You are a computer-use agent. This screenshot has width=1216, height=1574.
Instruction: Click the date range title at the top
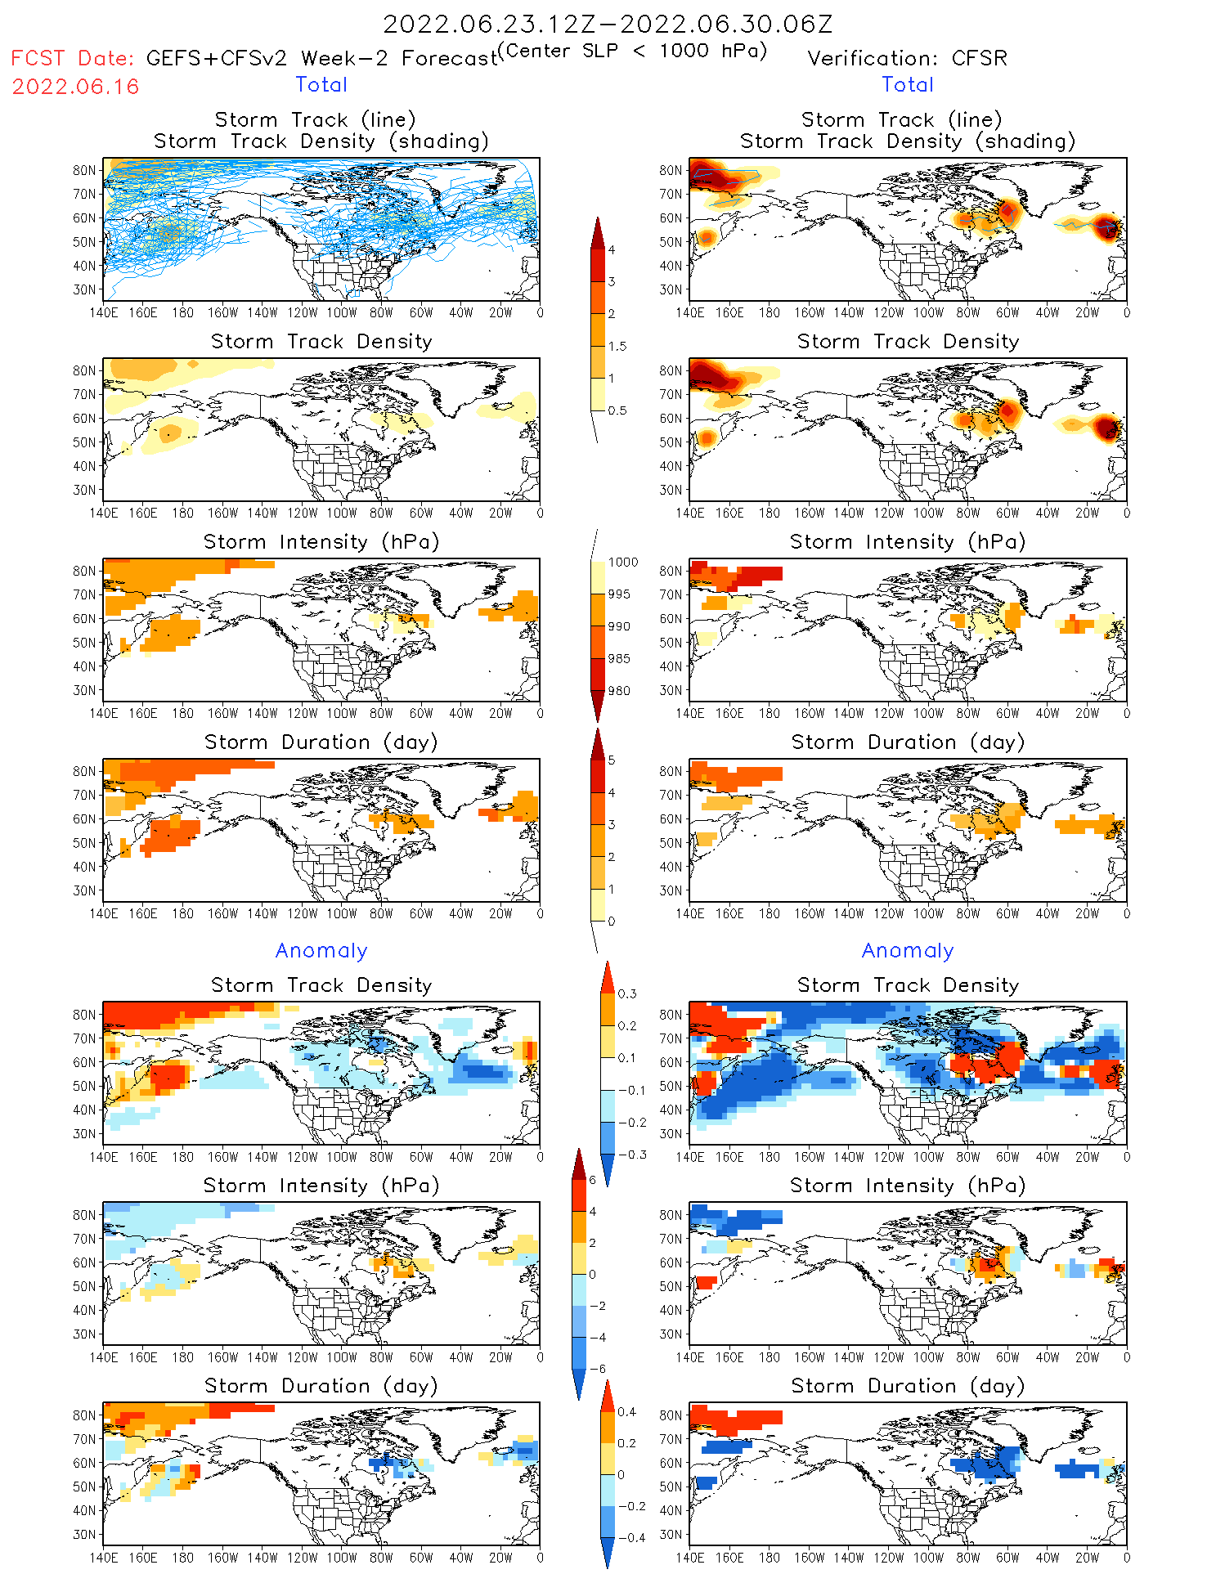coord(608,24)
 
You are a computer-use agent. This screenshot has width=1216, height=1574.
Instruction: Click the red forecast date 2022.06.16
coord(75,87)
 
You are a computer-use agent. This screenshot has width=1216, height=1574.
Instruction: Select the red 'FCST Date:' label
coord(72,58)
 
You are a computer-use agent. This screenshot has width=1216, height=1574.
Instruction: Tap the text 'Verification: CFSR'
coord(907,58)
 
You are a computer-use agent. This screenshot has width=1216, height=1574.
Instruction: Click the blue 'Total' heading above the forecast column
coord(321,84)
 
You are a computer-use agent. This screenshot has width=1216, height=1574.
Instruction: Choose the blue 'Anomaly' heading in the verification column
coord(908,950)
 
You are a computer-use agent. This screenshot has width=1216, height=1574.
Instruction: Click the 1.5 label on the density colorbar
coord(617,346)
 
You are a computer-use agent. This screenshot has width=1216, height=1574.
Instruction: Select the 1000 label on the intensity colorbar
coord(622,562)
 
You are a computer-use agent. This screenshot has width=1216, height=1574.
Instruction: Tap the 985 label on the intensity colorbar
coord(619,658)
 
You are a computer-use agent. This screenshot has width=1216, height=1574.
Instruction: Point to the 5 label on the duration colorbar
coord(612,760)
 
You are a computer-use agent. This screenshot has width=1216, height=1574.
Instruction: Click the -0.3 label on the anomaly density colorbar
coord(631,1155)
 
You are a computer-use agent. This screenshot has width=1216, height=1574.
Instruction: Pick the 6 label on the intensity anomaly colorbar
coord(593,1180)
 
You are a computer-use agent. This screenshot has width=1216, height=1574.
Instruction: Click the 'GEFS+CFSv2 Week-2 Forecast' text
coord(321,59)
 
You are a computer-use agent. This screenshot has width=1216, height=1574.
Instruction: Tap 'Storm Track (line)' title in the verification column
coord(901,119)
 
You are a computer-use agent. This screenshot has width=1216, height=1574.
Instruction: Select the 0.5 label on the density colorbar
coord(617,410)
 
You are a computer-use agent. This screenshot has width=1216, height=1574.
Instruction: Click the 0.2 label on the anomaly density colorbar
coord(627,1025)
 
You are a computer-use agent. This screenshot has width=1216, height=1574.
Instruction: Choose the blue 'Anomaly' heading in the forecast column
coord(321,950)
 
